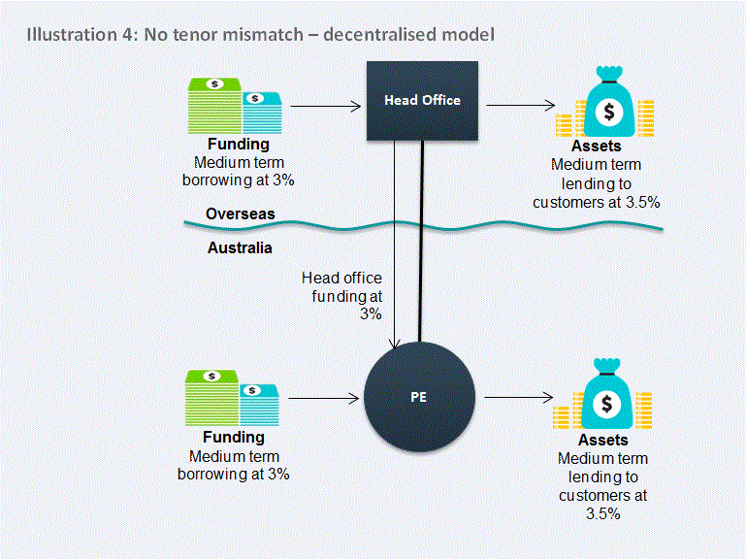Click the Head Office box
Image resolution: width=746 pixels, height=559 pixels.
tap(422, 101)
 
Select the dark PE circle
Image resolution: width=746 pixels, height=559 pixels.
tap(419, 397)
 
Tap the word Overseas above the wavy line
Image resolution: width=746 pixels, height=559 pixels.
tap(241, 214)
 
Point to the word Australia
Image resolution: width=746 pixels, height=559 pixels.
tap(240, 247)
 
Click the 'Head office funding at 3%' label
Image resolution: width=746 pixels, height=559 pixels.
tap(342, 296)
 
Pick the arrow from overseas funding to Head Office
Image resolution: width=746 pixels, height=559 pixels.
tap(326, 106)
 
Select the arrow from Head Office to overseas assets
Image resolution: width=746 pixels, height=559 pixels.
tap(521, 105)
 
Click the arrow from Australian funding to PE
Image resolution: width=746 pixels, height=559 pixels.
tap(323, 398)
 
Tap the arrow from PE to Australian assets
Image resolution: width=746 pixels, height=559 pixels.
tap(519, 397)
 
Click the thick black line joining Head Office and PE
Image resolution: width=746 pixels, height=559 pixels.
tap(421, 241)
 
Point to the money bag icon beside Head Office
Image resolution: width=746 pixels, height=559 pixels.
tap(609, 102)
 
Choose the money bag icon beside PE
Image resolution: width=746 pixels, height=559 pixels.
tap(606, 394)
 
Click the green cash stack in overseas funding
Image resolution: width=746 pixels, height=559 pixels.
tap(214, 106)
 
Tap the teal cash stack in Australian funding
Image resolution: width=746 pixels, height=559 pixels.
tap(259, 406)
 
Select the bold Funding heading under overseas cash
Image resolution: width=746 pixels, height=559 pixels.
tap(239, 144)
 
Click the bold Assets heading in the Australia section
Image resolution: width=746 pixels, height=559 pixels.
tap(602, 440)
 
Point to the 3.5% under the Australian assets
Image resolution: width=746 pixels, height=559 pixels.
tap(602, 513)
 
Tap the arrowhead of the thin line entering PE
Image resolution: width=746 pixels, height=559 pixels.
tap(395, 345)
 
